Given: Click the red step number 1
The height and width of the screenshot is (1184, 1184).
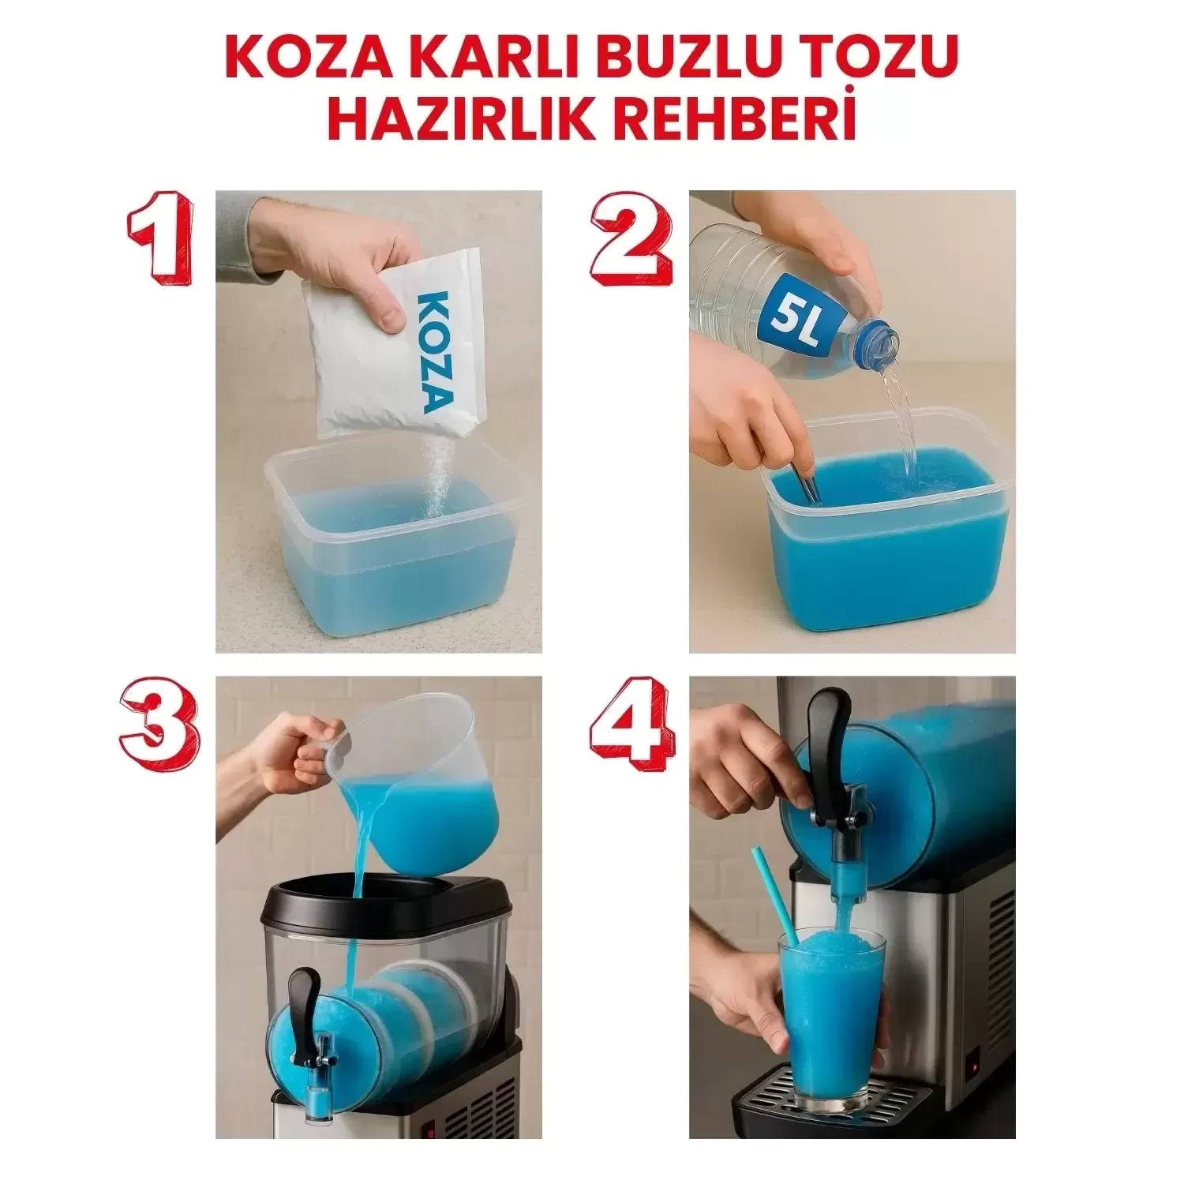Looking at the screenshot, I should click(x=161, y=244).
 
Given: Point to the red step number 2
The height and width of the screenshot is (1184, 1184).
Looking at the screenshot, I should click(x=631, y=244).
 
